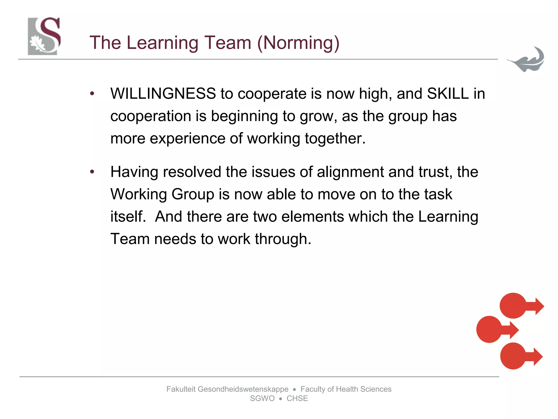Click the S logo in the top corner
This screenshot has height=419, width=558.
(x=44, y=36)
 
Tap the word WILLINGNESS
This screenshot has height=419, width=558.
(x=163, y=94)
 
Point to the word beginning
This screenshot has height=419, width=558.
(x=244, y=116)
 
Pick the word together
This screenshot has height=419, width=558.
(x=335, y=139)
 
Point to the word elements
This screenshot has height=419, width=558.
(x=313, y=217)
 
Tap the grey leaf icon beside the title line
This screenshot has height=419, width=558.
(x=526, y=59)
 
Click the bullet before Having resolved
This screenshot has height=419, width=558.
(x=92, y=172)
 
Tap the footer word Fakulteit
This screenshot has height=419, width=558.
(x=181, y=389)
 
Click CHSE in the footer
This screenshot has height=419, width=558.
(x=297, y=399)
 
